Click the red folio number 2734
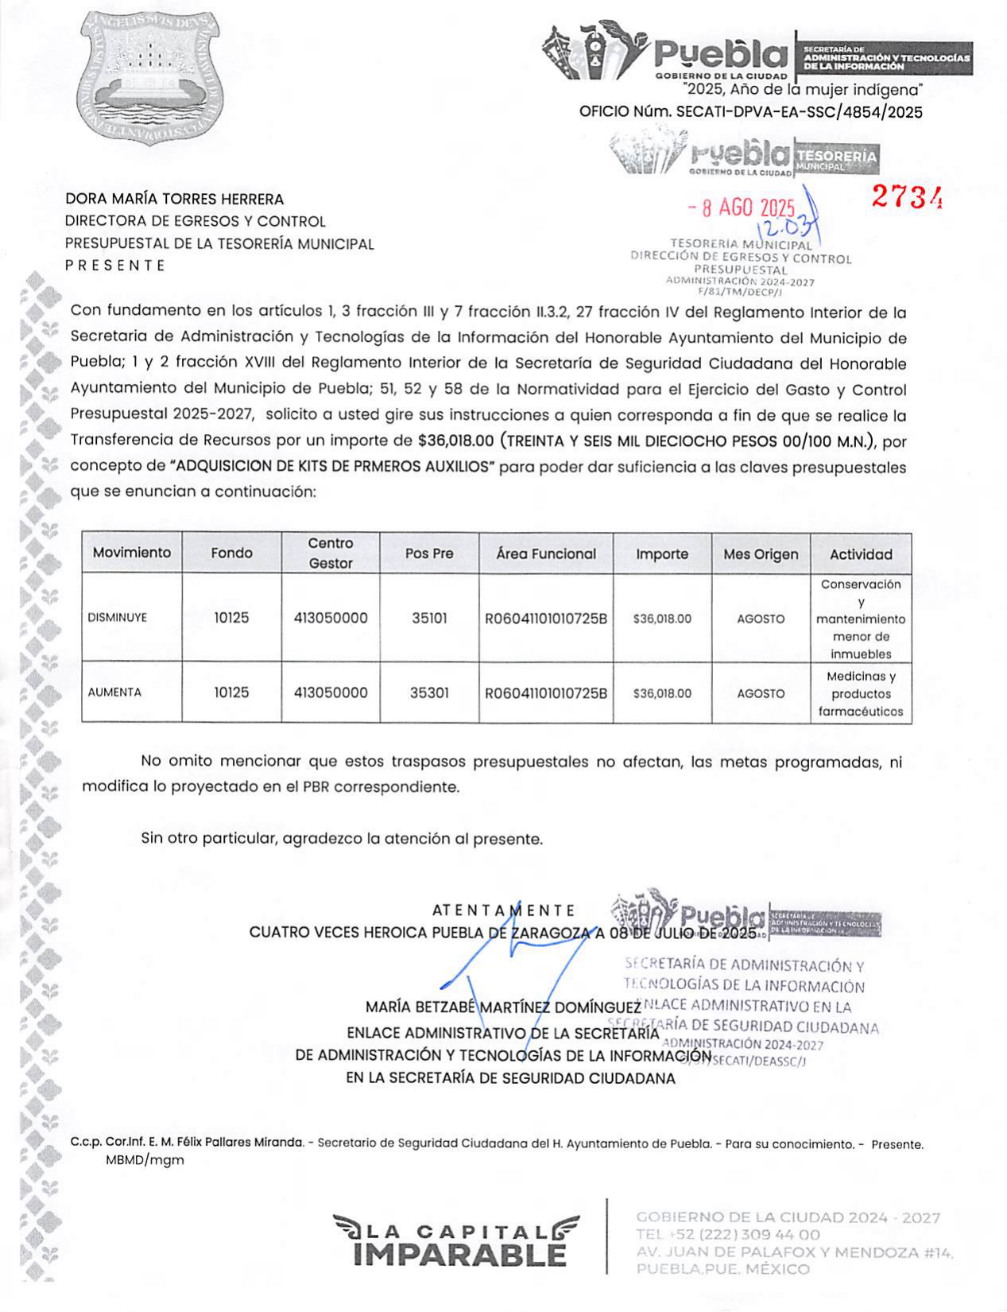907,196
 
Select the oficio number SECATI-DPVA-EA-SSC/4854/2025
799,112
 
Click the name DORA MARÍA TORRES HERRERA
174,199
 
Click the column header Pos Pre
429,553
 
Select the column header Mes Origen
761,554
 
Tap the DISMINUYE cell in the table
118,618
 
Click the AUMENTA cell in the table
114,693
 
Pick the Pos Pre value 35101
429,618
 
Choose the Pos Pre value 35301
429,693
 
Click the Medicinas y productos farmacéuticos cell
861,693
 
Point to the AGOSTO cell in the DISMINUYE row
761,619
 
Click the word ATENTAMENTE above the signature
504,910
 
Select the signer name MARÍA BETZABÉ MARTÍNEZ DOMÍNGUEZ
503,1007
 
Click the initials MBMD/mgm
145,1160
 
